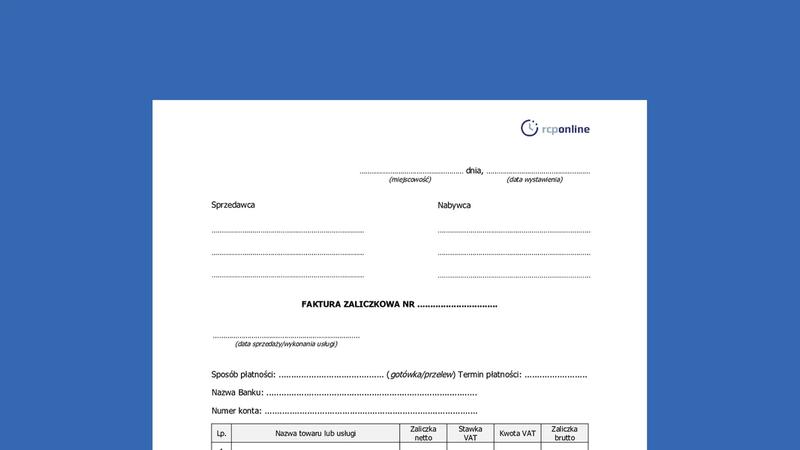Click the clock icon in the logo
click(529, 128)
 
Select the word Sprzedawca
click(233, 205)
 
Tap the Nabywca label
click(454, 205)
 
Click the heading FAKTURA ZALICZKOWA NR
click(357, 304)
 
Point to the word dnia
click(474, 170)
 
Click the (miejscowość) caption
click(410, 180)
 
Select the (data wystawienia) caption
click(534, 180)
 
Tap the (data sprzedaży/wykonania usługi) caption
click(286, 344)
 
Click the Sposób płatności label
click(243, 374)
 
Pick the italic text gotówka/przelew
click(421, 374)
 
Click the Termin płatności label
click(490, 374)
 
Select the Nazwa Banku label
click(237, 393)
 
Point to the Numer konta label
click(236, 411)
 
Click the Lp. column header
click(221, 434)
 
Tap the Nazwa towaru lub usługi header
click(316, 434)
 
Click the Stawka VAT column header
click(470, 433)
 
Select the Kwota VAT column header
click(517, 434)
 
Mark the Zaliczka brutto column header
click(564, 433)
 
